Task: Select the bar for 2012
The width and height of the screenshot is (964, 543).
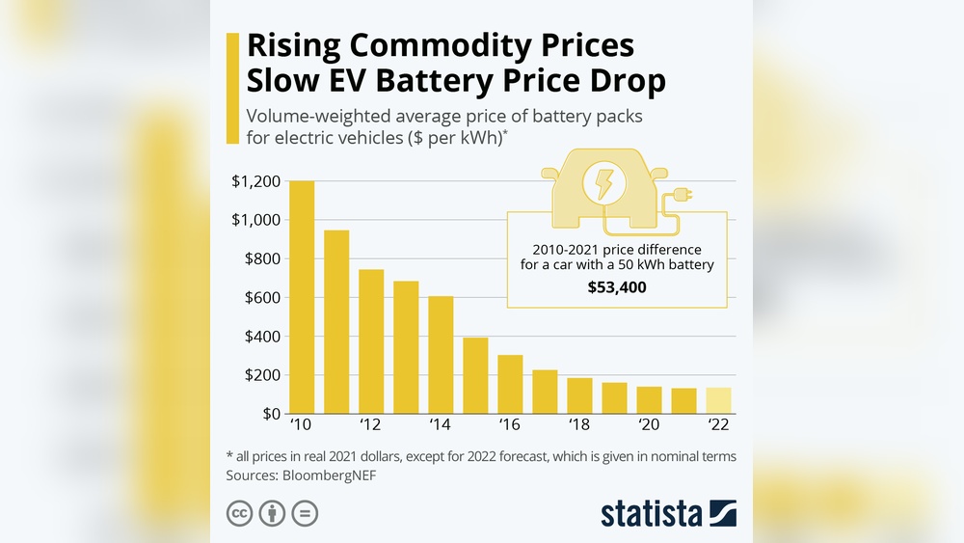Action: pos(371,341)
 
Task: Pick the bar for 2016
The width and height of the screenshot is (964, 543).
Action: pos(510,385)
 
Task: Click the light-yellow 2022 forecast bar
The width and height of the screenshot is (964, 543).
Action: pos(719,400)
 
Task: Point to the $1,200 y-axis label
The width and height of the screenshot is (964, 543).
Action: pos(255,181)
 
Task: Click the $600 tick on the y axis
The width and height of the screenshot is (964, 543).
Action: pos(259,298)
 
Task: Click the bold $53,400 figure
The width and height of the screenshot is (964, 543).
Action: pos(617,287)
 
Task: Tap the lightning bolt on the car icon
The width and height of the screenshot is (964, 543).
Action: pos(604,183)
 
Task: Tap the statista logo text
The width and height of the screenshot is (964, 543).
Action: pos(652,513)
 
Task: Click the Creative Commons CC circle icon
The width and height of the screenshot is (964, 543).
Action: pos(239,513)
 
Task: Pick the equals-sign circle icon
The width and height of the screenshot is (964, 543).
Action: pos(305,513)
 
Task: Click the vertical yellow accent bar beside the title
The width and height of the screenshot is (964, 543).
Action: pos(231,88)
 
